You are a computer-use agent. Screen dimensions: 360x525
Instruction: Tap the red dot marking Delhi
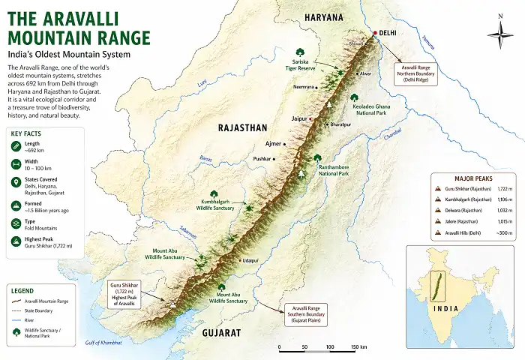click(x=375, y=33)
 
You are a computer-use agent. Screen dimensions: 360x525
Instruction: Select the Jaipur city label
click(x=300, y=118)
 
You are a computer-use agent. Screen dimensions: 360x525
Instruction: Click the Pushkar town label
click(x=261, y=159)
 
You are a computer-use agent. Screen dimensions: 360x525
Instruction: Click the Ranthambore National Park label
click(x=333, y=169)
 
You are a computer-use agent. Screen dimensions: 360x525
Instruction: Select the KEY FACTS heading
click(x=31, y=133)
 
